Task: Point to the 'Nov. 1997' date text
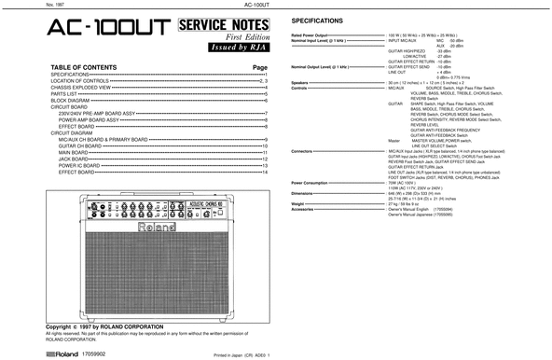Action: [14, 4]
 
